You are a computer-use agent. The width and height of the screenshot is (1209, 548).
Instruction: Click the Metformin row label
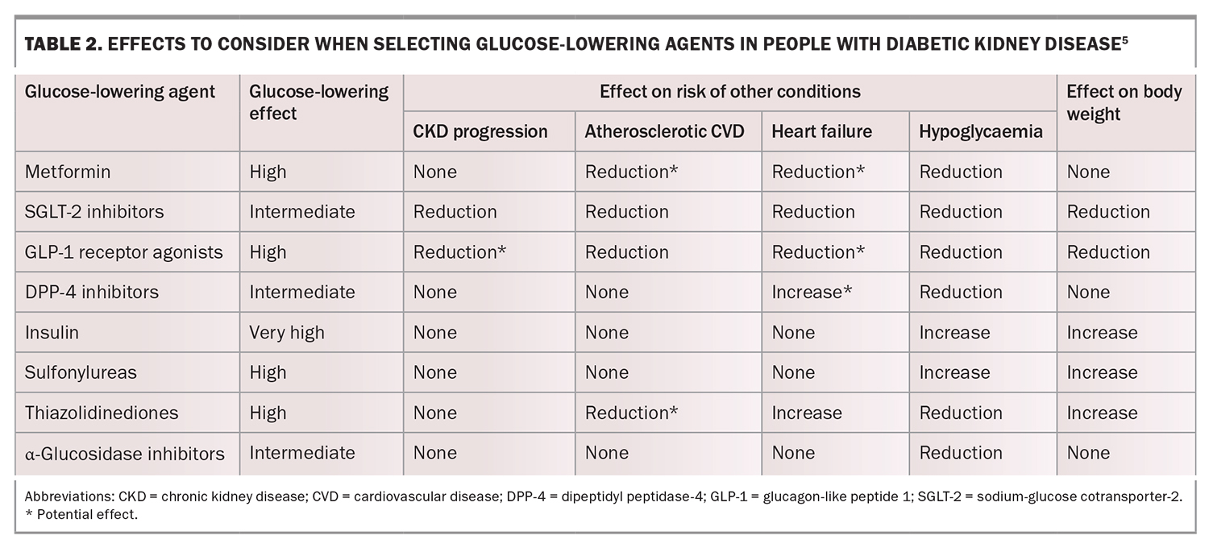[x=68, y=172]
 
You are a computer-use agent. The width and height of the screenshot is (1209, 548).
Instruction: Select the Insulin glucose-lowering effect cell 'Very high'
[x=287, y=332]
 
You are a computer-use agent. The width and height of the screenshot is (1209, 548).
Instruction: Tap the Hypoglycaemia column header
[x=980, y=131]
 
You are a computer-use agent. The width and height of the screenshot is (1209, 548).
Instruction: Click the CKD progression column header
[x=480, y=131]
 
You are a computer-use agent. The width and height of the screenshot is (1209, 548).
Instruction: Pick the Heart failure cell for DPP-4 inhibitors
[x=812, y=292]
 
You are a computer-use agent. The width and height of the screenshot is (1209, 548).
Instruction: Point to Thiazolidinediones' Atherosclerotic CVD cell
[x=631, y=413]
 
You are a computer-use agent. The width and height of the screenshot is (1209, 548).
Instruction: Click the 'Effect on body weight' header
[x=1124, y=102]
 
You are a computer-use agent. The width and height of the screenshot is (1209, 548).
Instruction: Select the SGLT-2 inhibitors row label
[x=94, y=212]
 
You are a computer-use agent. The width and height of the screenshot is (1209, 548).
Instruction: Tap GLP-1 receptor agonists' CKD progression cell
[x=459, y=252]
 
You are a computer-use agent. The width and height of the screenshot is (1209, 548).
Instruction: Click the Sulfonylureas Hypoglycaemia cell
[x=955, y=372]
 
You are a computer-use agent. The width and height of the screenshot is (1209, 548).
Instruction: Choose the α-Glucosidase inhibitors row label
[x=124, y=453]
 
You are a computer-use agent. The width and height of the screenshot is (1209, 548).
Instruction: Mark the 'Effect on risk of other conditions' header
[x=729, y=91]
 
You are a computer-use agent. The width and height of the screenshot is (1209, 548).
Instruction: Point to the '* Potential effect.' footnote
[x=81, y=515]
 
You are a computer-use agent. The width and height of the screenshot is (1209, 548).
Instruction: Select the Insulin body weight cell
[x=1102, y=332]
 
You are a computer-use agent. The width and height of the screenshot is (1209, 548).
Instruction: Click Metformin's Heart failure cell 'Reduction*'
[x=818, y=172]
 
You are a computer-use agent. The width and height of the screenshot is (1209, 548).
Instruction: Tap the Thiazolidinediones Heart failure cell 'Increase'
[x=807, y=413]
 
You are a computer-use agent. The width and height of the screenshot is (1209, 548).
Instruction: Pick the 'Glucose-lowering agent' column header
[x=120, y=91]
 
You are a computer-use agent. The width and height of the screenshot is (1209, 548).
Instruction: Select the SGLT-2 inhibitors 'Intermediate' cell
[x=302, y=212]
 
